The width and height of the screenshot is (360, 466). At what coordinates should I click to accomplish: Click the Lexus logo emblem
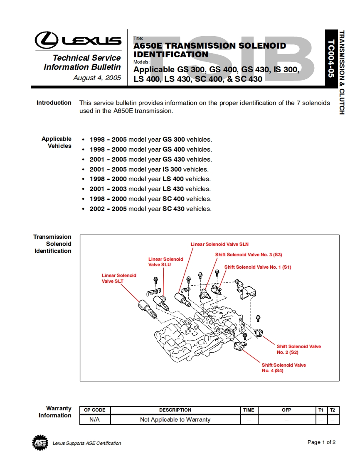47,40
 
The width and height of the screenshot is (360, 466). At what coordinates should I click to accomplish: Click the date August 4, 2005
97,78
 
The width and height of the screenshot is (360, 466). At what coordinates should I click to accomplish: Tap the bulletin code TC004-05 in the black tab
331,59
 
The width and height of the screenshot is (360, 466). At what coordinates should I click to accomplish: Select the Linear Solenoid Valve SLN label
219,244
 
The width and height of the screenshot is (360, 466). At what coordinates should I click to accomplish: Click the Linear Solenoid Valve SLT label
119,278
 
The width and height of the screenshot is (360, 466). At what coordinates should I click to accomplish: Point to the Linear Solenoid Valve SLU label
165,262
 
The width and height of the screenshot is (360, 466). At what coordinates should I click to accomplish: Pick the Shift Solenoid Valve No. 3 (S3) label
249,255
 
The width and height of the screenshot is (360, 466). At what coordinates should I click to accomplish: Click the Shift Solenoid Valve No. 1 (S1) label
258,267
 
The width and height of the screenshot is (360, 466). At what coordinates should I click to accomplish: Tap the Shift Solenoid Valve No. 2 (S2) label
298,349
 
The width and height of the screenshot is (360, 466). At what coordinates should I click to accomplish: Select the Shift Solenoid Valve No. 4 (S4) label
284,368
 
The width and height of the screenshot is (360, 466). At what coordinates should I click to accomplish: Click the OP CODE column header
95,410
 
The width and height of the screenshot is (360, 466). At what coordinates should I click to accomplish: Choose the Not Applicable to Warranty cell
175,419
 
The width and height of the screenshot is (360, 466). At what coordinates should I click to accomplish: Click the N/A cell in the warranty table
95,419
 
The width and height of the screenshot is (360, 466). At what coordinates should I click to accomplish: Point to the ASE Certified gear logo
40,443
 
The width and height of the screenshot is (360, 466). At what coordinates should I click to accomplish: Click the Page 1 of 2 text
321,442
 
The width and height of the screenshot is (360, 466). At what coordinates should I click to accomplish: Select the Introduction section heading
54,103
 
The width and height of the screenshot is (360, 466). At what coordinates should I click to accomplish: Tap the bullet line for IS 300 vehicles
149,169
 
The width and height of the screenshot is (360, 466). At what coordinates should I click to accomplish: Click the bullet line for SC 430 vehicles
150,209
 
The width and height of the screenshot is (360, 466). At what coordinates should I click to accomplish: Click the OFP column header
286,410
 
